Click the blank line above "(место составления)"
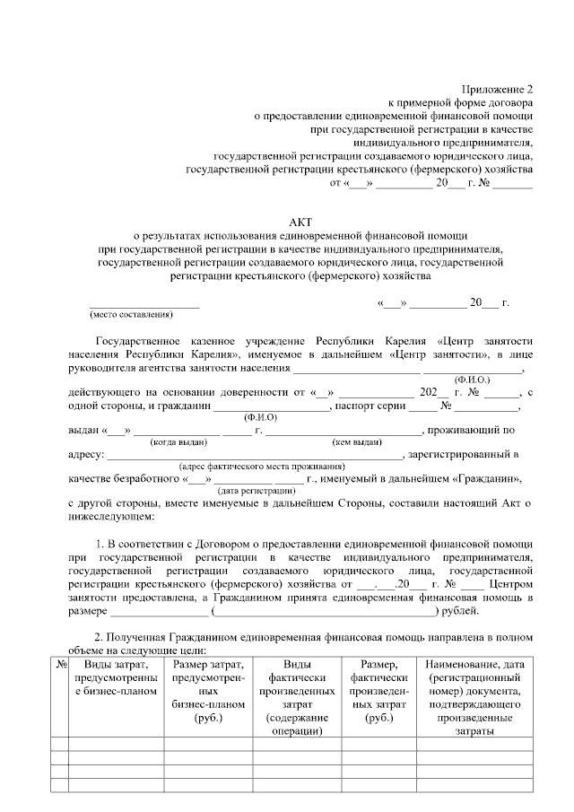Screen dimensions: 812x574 click(143, 303)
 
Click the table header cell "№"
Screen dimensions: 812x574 click(61, 664)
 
